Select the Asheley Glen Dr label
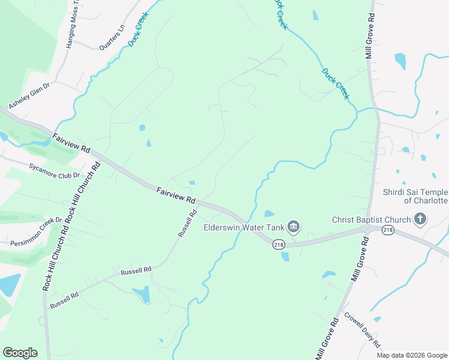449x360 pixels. [x=28, y=95]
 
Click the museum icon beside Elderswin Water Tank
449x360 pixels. [x=294, y=226]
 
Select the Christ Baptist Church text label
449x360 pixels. [x=370, y=220]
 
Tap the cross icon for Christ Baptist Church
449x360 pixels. [x=420, y=219]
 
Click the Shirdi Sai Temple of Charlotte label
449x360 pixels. [x=415, y=196]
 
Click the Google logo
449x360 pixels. [x=20, y=353]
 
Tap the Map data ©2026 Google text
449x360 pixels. [x=412, y=355]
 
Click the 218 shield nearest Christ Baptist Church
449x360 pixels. [x=388, y=230]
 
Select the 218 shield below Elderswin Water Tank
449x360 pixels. [x=279, y=244]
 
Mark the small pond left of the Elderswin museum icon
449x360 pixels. [x=269, y=214]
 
